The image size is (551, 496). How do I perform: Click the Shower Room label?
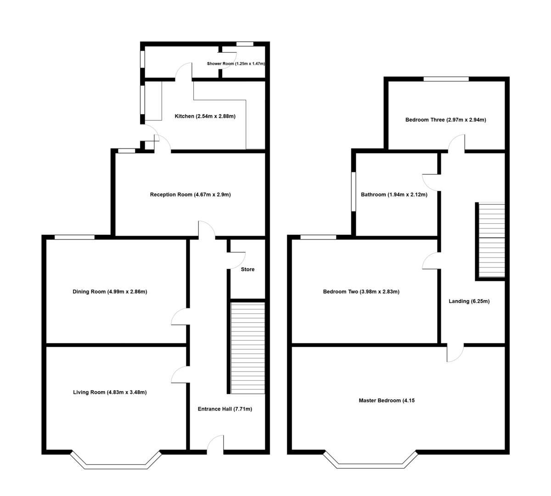coord(236,63)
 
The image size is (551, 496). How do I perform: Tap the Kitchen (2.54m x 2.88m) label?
coord(205,116)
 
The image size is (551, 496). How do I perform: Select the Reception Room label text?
coord(190,194)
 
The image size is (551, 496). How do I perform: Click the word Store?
coord(247,269)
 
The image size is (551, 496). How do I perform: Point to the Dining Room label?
coord(110,291)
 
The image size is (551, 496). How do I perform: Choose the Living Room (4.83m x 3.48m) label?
coord(110,392)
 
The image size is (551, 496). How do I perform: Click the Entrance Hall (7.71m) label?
coord(225,409)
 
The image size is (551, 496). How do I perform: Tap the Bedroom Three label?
coord(445,120)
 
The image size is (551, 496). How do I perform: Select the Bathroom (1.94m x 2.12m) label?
coord(394,194)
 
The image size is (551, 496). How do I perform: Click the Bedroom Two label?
coord(361,291)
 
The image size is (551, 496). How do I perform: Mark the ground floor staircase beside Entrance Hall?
coord(247,348)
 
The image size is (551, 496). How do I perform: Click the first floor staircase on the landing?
coord(491,240)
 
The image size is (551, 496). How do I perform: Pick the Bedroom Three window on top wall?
coord(446,79)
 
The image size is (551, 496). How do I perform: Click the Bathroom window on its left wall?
coord(353,192)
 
